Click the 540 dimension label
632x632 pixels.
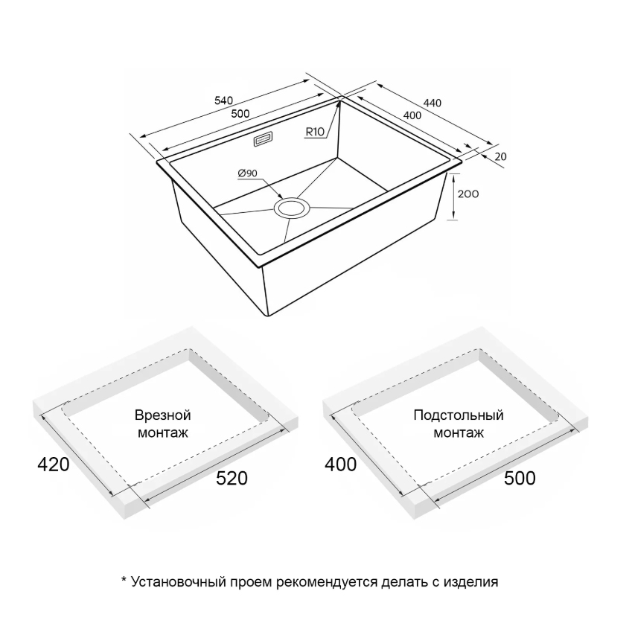tap(224, 100)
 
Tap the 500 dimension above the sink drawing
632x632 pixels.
tap(240, 114)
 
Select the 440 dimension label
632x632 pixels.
tap(432, 103)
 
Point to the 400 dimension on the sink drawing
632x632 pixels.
tap(412, 115)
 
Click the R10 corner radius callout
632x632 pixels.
tap(315, 132)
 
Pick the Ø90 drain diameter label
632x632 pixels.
tap(247, 173)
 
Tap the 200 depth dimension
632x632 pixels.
tap(468, 194)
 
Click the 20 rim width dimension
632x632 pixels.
tap(500, 156)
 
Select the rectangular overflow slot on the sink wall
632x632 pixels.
tap(264, 140)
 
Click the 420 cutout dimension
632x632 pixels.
tap(53, 465)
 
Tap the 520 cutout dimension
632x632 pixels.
tap(232, 478)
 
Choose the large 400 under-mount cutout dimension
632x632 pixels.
tap(341, 465)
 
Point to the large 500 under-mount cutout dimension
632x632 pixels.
tap(520, 478)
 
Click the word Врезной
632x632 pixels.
tap(163, 415)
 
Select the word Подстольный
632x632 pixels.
tap(459, 415)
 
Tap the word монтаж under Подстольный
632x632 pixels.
tap(459, 433)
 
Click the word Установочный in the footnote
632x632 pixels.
tap(178, 581)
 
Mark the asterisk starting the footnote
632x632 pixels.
tap(124, 579)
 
